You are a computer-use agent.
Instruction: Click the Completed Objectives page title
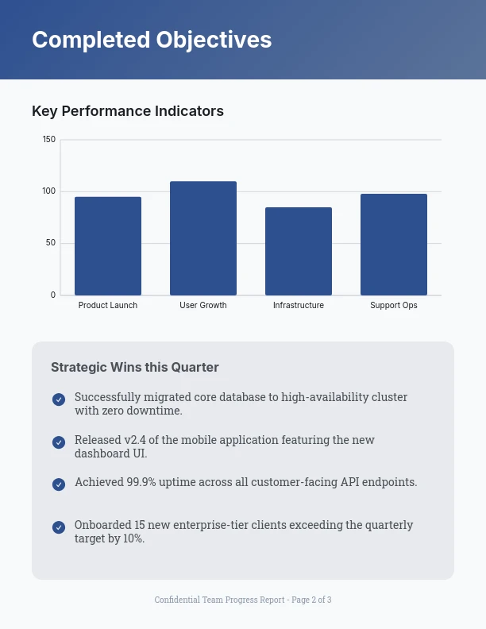152,40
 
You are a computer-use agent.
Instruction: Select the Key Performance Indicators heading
128,111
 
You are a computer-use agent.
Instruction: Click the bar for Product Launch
108,246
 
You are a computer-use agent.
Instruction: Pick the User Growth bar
203,238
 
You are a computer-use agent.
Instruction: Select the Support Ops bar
394,245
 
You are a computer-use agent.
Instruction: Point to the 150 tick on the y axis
49,140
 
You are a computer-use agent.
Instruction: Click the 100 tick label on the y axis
49,191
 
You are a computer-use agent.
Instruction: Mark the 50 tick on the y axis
51,243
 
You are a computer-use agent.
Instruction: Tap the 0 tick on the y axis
53,295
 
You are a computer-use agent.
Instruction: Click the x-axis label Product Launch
108,306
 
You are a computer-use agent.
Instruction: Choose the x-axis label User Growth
203,306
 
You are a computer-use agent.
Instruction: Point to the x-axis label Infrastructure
299,306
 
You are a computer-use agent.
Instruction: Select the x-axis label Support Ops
394,306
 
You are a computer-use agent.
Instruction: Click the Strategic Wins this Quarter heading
135,367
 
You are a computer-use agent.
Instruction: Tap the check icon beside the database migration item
59,399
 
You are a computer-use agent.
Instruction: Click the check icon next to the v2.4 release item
59,442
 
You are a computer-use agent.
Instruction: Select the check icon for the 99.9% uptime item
59,484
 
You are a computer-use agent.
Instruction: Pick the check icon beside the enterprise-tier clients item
59,527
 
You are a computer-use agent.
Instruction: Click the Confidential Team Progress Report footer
243,600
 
